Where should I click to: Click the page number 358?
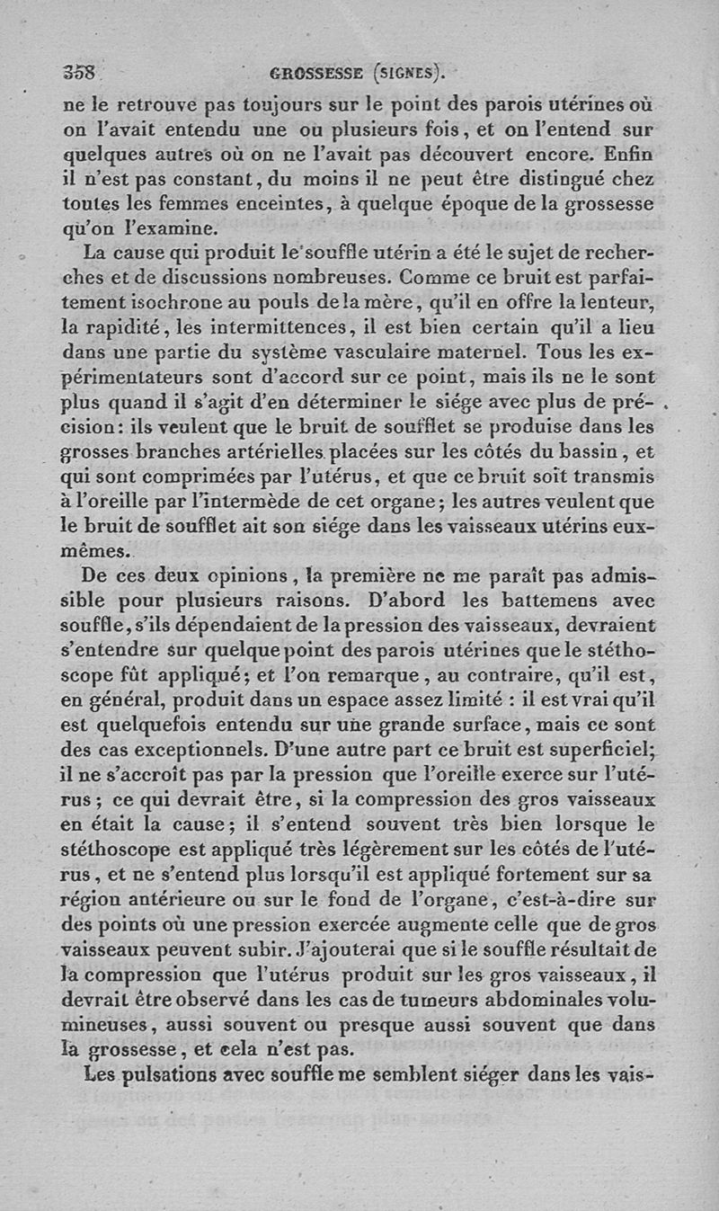click(x=80, y=73)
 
